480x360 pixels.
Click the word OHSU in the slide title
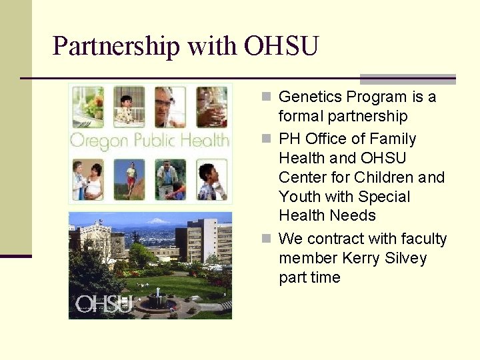[281, 46]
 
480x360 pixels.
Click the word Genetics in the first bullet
[307, 97]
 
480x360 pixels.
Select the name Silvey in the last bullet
[404, 258]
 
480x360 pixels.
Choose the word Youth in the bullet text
[300, 197]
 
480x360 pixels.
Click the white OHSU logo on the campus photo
[103, 304]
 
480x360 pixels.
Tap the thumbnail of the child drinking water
[212, 107]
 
